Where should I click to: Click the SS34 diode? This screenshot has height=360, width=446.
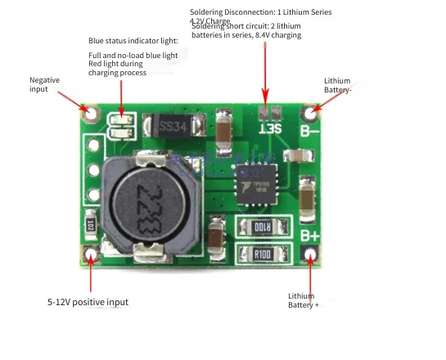point(173,127)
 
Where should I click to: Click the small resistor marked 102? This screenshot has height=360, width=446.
point(91,223)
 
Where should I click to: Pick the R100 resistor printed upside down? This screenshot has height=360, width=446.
point(264,226)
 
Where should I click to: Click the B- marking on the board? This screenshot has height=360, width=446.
point(310,129)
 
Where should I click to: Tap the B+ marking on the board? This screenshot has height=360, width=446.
point(309,235)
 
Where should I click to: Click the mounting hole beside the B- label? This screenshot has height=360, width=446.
point(310,110)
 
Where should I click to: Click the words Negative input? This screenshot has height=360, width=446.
point(44,84)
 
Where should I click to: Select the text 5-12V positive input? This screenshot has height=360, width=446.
point(88,302)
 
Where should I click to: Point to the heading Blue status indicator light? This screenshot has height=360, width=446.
point(133,40)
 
